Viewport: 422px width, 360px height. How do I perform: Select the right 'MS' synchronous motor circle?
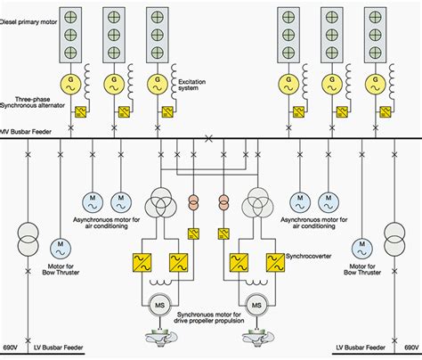click(257, 306)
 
